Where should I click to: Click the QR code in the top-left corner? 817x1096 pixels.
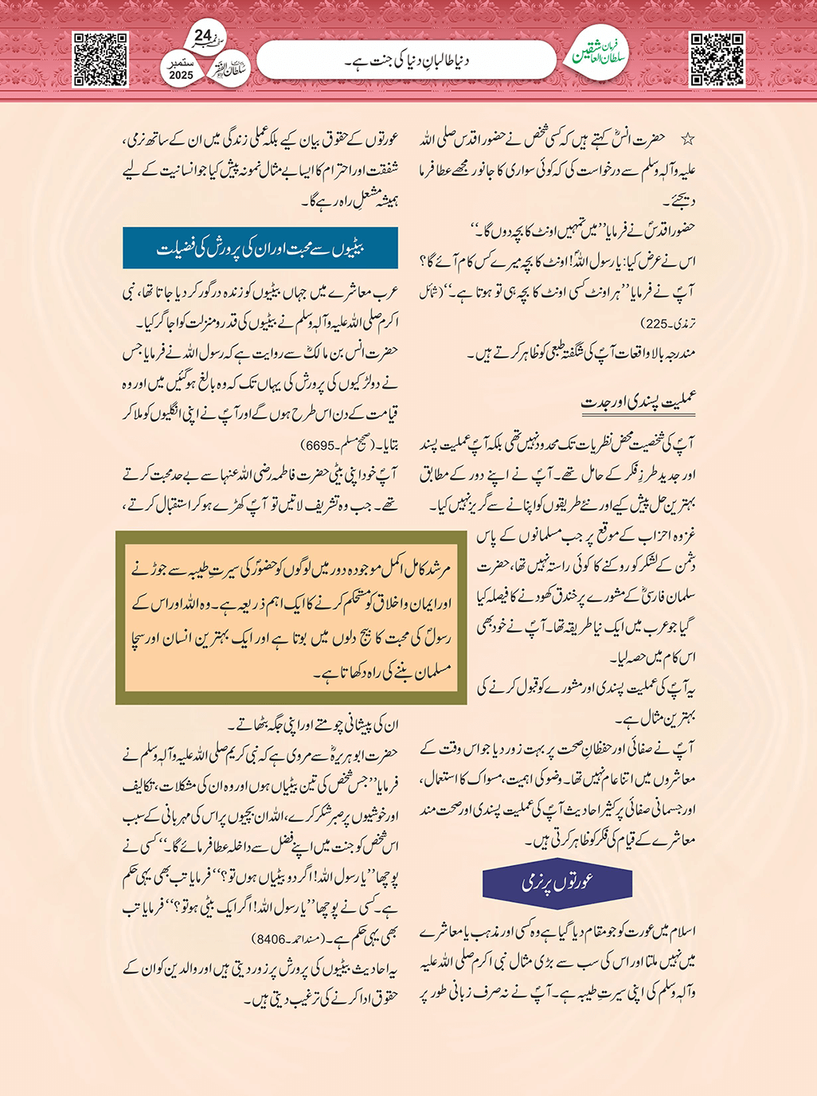click(x=100, y=59)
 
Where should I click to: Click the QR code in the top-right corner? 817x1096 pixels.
click(x=717, y=59)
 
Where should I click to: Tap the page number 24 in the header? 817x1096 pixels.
click(x=203, y=36)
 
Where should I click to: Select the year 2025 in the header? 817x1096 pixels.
click(x=182, y=75)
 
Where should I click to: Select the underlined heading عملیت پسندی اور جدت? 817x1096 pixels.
click(x=639, y=402)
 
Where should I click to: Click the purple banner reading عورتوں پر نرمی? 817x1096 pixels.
click(x=557, y=883)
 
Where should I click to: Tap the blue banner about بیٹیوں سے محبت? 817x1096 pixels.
click(x=260, y=249)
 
